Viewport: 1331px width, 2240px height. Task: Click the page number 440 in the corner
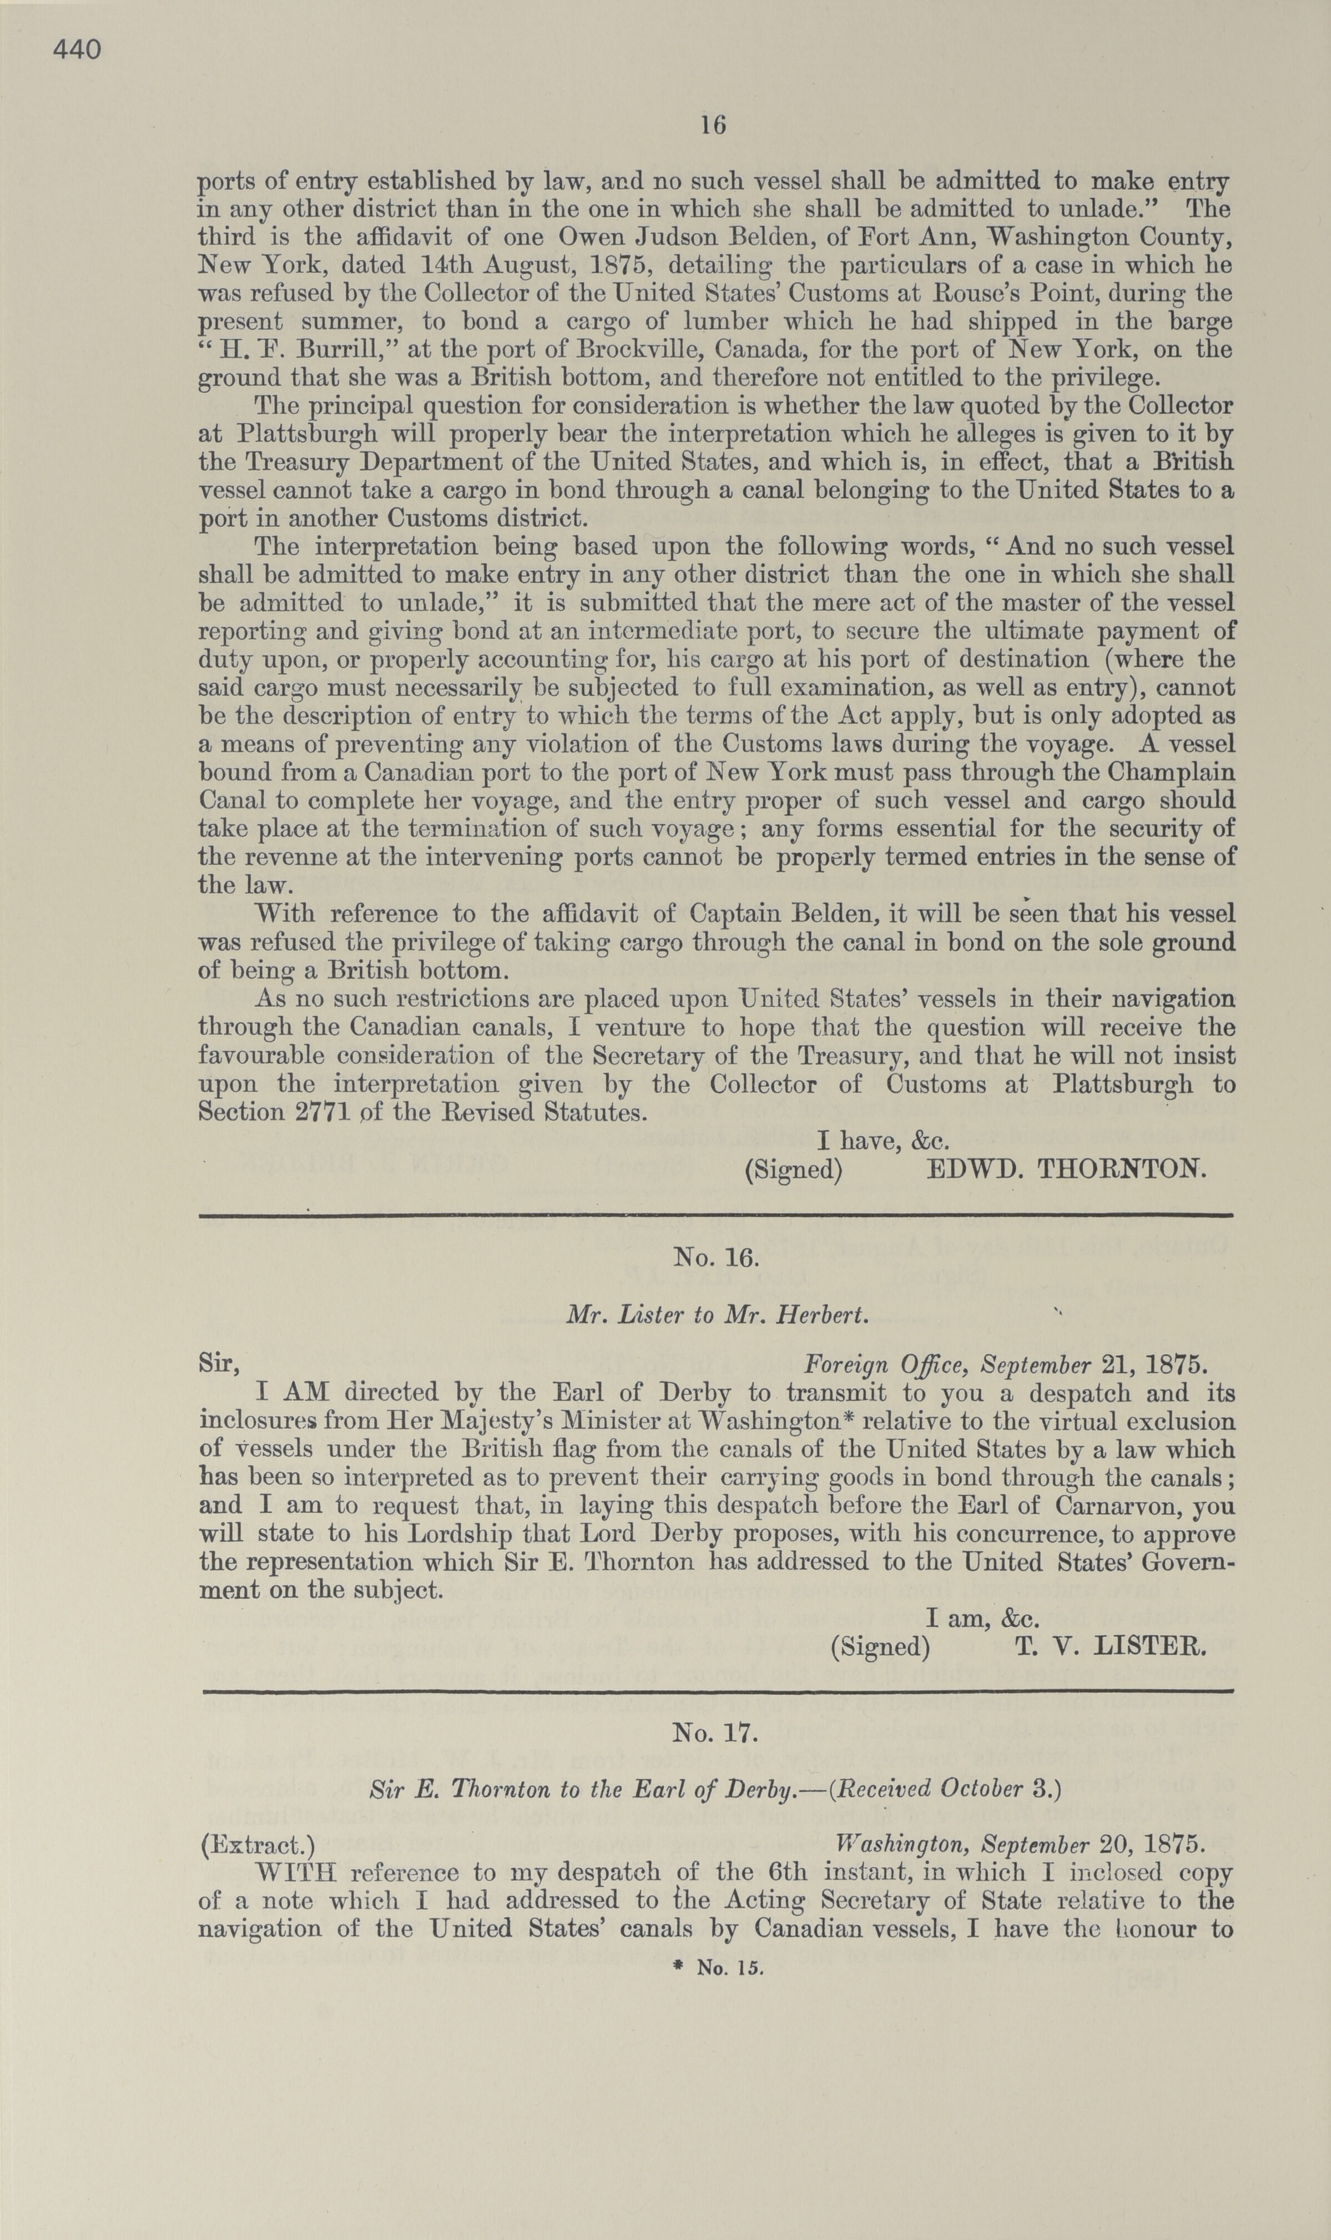click(x=77, y=50)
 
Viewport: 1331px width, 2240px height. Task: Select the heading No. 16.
click(x=715, y=1257)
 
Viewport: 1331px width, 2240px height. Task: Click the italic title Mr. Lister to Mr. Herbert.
click(x=718, y=1315)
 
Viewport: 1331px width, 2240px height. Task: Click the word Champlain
click(x=1171, y=772)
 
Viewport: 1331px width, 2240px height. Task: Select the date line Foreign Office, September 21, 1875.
click(x=1005, y=1365)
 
